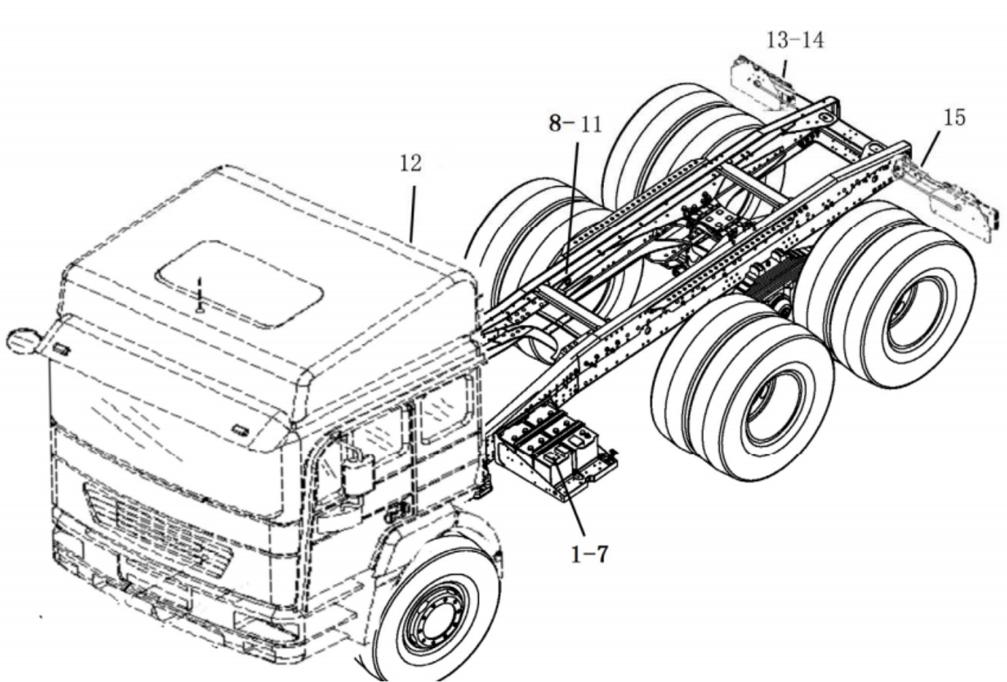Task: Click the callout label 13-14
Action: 794,40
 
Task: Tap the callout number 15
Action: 954,118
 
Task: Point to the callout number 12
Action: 410,163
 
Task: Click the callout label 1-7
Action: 589,554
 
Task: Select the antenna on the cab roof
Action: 199,294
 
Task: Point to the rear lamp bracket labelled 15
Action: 951,198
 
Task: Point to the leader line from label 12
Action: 413,212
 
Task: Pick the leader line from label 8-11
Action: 573,205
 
